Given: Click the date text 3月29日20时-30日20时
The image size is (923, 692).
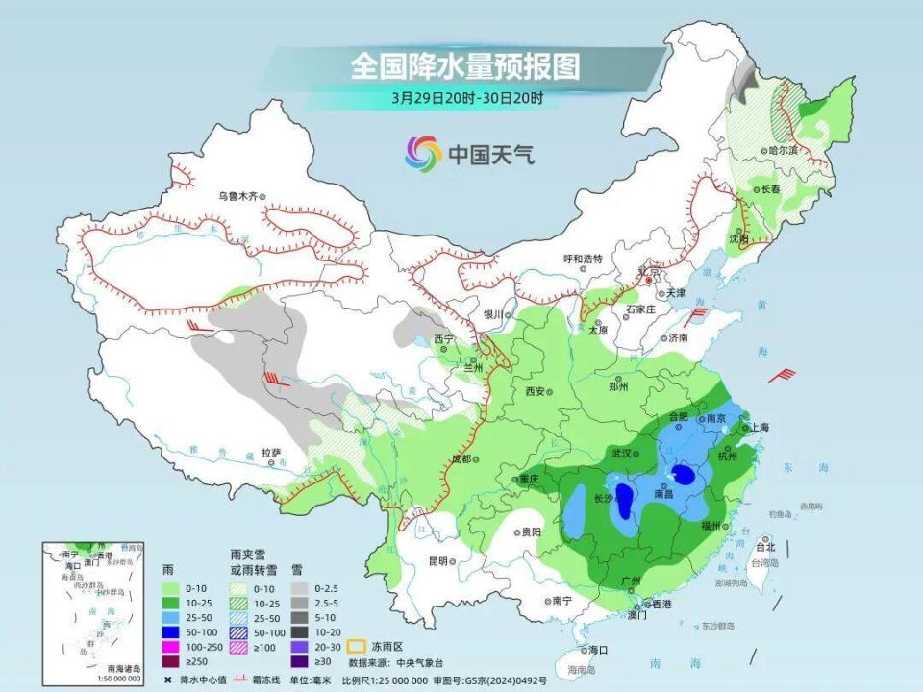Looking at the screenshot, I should (467, 97).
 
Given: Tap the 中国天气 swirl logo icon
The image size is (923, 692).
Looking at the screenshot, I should (423, 152).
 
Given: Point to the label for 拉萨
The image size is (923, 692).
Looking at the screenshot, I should (270, 452).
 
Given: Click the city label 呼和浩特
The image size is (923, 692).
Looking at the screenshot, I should (583, 259).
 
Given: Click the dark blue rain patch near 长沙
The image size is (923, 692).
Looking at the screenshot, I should (624, 501).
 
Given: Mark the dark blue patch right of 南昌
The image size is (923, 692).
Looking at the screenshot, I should (685, 474).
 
